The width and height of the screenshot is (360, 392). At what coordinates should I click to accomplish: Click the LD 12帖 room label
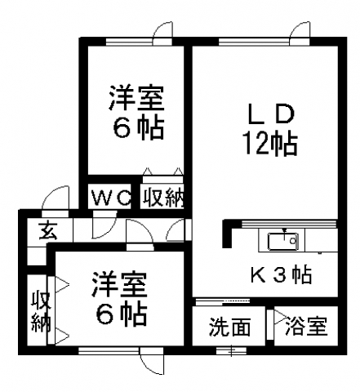pyautogui.click(x=271, y=129)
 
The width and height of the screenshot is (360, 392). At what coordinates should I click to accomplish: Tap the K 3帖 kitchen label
pyautogui.click(x=281, y=275)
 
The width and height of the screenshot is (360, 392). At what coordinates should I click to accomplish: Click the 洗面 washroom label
pyautogui.click(x=229, y=327)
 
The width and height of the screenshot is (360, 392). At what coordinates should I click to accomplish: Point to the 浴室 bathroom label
pyautogui.click(x=306, y=326)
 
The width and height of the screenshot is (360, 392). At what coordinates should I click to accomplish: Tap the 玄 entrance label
pyautogui.click(x=48, y=231)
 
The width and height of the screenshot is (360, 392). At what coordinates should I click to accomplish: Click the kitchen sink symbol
pyautogui.click(x=283, y=241)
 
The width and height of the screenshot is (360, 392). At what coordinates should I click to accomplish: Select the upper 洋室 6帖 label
pyautogui.click(x=136, y=113)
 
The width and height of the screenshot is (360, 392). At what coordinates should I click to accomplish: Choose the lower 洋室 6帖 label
pyautogui.click(x=120, y=299)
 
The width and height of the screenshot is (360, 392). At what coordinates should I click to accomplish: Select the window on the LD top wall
pyautogui.click(x=254, y=42)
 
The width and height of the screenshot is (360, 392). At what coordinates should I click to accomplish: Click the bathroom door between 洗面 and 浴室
pyautogui.click(x=270, y=324)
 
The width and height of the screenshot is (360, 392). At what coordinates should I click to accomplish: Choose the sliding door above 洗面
pyautogui.click(x=223, y=301)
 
